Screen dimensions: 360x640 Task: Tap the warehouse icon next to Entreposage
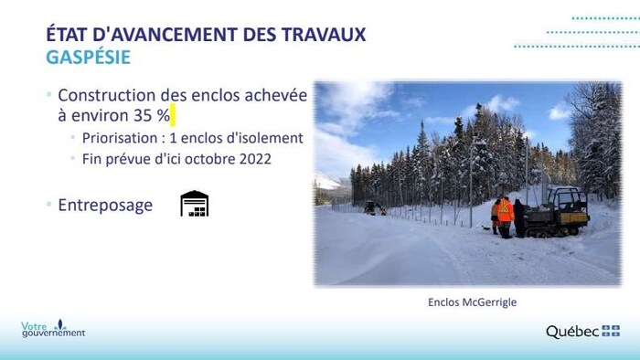click(194, 204)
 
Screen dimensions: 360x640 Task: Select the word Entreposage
click(105, 205)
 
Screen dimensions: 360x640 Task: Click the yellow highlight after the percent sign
click(172, 116)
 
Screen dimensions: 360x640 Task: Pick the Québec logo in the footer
click(583, 331)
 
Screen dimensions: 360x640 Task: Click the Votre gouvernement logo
click(53, 329)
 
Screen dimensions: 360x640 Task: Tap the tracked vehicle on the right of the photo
click(560, 212)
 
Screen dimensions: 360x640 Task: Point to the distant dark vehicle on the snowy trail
click(372, 207)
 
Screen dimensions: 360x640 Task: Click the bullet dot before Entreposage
click(49, 205)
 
